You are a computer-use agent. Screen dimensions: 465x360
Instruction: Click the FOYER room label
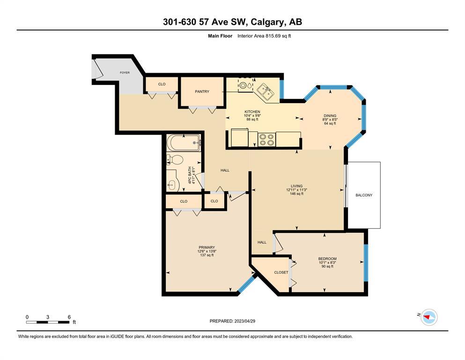click(125, 72)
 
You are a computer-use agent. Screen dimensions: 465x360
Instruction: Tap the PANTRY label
click(202, 91)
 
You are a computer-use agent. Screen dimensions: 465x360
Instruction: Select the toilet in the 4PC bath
click(175, 159)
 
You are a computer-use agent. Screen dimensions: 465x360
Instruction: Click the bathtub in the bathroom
click(184, 143)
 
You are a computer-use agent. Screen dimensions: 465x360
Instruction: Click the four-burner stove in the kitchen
click(266, 140)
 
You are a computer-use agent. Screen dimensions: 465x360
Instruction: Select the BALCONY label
click(364, 195)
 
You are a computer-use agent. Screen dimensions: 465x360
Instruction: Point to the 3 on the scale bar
click(48, 317)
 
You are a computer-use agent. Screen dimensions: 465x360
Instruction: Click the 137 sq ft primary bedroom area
click(207, 255)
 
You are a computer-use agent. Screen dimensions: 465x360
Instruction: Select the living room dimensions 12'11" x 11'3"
click(296, 190)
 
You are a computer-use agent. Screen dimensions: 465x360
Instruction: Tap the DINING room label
click(330, 116)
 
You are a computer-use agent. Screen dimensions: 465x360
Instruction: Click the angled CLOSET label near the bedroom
click(281, 272)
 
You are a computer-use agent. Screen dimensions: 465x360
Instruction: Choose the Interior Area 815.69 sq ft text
click(264, 36)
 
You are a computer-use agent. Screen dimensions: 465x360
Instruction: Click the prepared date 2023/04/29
click(244, 321)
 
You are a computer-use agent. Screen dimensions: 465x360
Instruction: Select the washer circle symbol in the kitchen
click(243, 85)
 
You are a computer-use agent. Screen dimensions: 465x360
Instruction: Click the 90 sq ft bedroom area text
click(327, 266)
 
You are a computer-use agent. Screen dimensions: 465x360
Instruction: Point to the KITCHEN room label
click(252, 112)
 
